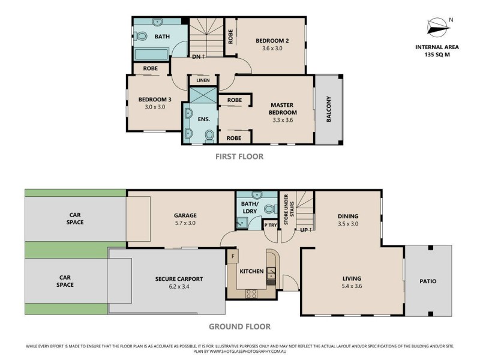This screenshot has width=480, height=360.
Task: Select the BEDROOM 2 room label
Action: click(272, 41)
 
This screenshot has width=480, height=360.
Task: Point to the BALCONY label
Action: click(329, 109)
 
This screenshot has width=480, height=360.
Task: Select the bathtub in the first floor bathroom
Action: click(150, 55)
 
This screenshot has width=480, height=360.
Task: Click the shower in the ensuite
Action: click(202, 95)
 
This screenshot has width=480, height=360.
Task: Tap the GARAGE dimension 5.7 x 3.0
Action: click(185, 223)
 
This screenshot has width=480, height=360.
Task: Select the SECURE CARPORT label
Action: click(179, 279)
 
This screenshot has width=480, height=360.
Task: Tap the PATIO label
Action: click(428, 281)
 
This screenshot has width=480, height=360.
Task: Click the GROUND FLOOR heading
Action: click(239, 327)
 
